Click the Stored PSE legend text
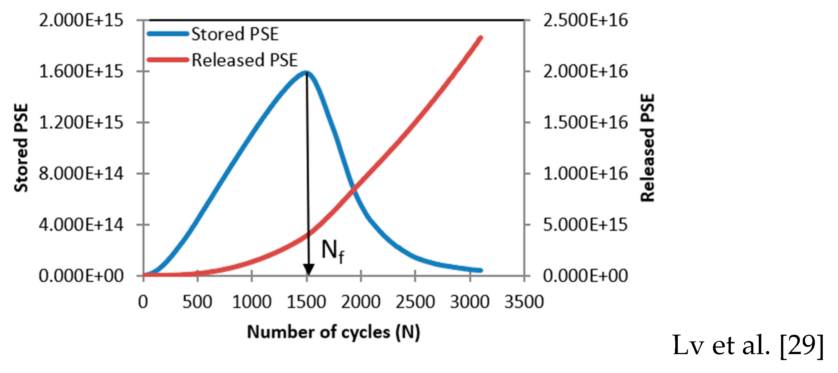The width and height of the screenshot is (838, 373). pos(235,34)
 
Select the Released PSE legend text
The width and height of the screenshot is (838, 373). pos(245,60)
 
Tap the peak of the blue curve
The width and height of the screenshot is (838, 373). pos(306,72)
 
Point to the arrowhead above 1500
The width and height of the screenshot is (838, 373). pos(308,269)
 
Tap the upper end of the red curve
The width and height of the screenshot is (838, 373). pos(481,38)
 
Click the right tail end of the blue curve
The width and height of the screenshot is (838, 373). pos(481,270)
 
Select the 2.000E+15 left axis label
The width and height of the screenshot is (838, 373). pos(81,20)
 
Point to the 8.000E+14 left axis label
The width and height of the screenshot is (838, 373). pos(81,174)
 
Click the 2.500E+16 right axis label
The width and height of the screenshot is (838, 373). pos(585,20)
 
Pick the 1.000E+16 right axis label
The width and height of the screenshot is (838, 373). pos(585,174)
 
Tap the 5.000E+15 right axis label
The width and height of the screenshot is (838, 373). pos(585,225)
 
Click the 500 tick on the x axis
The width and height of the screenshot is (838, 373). pos(197,302)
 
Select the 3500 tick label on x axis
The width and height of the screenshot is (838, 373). pos(524,302)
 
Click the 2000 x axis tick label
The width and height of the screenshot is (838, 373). pos(360,302)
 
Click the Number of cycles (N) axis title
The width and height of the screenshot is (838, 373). pos(333,332)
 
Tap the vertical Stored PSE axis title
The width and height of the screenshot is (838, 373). pos(21,148)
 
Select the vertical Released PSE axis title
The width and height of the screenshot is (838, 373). pos(647,148)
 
